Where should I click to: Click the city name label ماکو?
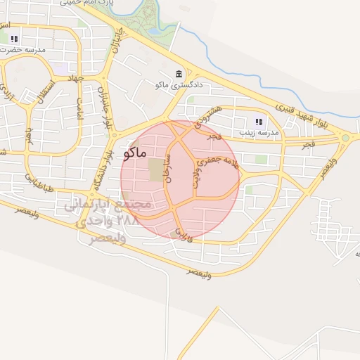pos(134,152)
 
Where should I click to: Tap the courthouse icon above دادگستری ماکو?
pos(179,74)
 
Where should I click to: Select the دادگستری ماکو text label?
pos(179,85)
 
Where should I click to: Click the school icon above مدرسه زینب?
pos(259,122)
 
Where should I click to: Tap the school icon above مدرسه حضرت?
pos(14,39)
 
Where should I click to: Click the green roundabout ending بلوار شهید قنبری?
pos(345,138)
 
